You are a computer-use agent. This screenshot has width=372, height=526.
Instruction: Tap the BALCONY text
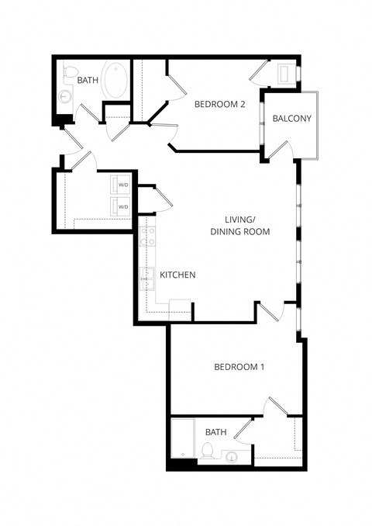tap(291, 119)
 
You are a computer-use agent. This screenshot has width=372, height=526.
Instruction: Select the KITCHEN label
tap(177, 275)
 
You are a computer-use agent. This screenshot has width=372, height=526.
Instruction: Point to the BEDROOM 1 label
tap(239, 367)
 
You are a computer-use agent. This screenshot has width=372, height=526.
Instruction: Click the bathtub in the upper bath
tap(116, 80)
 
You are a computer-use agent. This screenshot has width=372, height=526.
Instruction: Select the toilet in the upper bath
tap(72, 75)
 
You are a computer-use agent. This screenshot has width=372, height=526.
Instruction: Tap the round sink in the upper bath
tap(64, 96)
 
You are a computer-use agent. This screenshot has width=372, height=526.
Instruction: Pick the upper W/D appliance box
tap(122, 185)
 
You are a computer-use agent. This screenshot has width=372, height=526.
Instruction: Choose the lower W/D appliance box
tap(122, 206)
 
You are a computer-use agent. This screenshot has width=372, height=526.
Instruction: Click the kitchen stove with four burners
tap(147, 232)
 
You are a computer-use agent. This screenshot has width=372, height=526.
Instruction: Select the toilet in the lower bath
tap(207, 450)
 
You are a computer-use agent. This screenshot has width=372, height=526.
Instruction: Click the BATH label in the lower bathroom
tap(215, 431)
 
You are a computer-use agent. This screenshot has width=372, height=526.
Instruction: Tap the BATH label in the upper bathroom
tap(87, 80)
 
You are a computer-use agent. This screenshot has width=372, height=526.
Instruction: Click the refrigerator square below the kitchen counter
tap(180, 306)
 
